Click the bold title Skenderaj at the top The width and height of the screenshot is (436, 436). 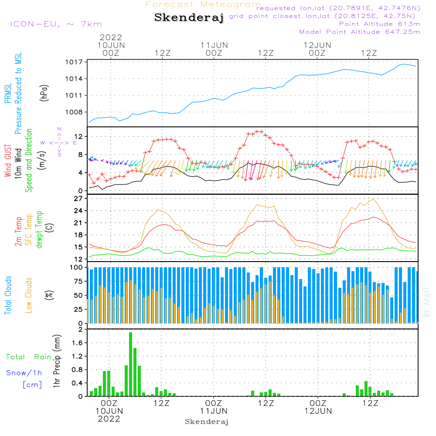tap(188, 18)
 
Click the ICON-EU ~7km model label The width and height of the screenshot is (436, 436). tap(56, 24)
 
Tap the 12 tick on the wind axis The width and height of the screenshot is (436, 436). tap(78, 136)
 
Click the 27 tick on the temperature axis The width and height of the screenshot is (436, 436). tap(78, 198)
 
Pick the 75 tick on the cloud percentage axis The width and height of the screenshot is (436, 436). tap(78, 281)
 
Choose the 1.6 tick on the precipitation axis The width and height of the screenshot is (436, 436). tap(77, 343)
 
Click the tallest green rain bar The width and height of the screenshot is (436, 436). tap(130, 364)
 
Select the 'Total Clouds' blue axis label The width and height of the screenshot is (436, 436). tap(8, 295)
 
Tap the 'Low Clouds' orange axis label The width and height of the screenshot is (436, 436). tap(29, 295)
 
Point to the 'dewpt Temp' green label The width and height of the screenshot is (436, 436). tap(39, 230)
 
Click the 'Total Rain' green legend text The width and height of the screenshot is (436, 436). tap(28, 357)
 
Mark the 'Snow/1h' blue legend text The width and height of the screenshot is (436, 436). tap(24, 373)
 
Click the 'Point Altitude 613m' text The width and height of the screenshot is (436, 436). tap(379, 24)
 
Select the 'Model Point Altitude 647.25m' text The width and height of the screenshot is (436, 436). tap(359, 32)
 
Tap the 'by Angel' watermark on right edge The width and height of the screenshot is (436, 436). tap(427, 302)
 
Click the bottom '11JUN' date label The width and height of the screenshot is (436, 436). tap(214, 411)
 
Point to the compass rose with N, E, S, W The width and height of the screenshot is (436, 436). tap(59, 142)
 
